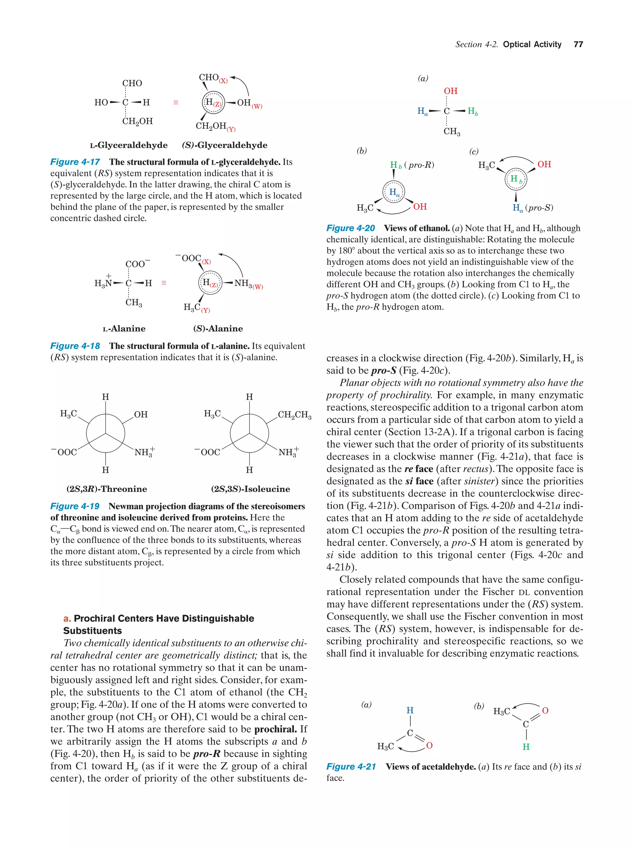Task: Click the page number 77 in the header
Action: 578,45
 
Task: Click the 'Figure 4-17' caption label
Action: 75,162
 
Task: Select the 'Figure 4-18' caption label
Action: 75,346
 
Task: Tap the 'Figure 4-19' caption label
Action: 75,506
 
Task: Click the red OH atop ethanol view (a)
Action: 451,91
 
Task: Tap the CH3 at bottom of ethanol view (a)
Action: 451,131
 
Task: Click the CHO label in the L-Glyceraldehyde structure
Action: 132,83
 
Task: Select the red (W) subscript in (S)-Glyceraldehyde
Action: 257,106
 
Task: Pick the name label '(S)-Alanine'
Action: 218,329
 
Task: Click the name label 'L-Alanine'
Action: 124,329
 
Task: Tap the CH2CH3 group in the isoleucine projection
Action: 295,415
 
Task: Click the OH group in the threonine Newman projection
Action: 141,415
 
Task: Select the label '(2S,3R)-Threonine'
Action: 106,489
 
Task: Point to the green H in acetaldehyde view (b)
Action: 526,747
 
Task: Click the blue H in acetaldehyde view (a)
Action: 410,710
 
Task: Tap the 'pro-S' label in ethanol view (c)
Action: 540,208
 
